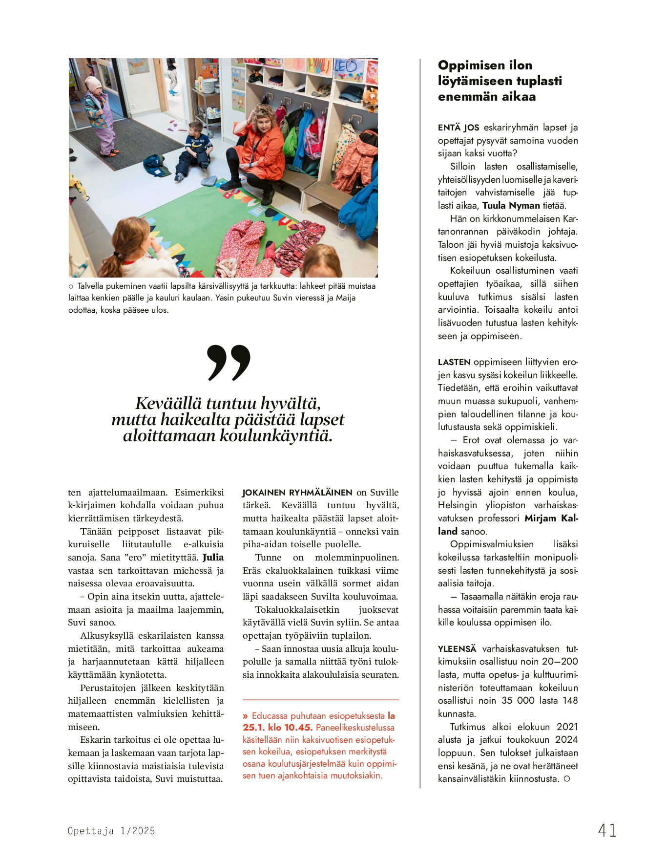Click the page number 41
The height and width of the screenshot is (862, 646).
click(607, 830)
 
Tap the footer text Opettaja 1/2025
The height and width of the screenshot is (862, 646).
click(111, 831)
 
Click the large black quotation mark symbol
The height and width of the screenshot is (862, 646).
click(229, 362)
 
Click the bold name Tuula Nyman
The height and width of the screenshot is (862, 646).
click(511, 206)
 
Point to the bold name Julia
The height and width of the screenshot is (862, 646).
click(213, 558)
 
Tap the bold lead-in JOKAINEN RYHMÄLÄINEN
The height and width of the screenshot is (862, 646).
click(297, 493)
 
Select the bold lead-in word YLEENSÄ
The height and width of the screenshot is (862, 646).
click(457, 649)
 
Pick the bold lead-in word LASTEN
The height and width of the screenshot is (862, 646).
click(454, 362)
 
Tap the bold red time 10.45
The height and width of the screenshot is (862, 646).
click(298, 728)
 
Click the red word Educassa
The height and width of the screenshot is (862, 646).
click(269, 716)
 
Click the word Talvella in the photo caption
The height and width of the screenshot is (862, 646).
click(92, 286)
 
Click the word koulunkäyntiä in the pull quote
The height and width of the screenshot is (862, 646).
click(276, 436)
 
